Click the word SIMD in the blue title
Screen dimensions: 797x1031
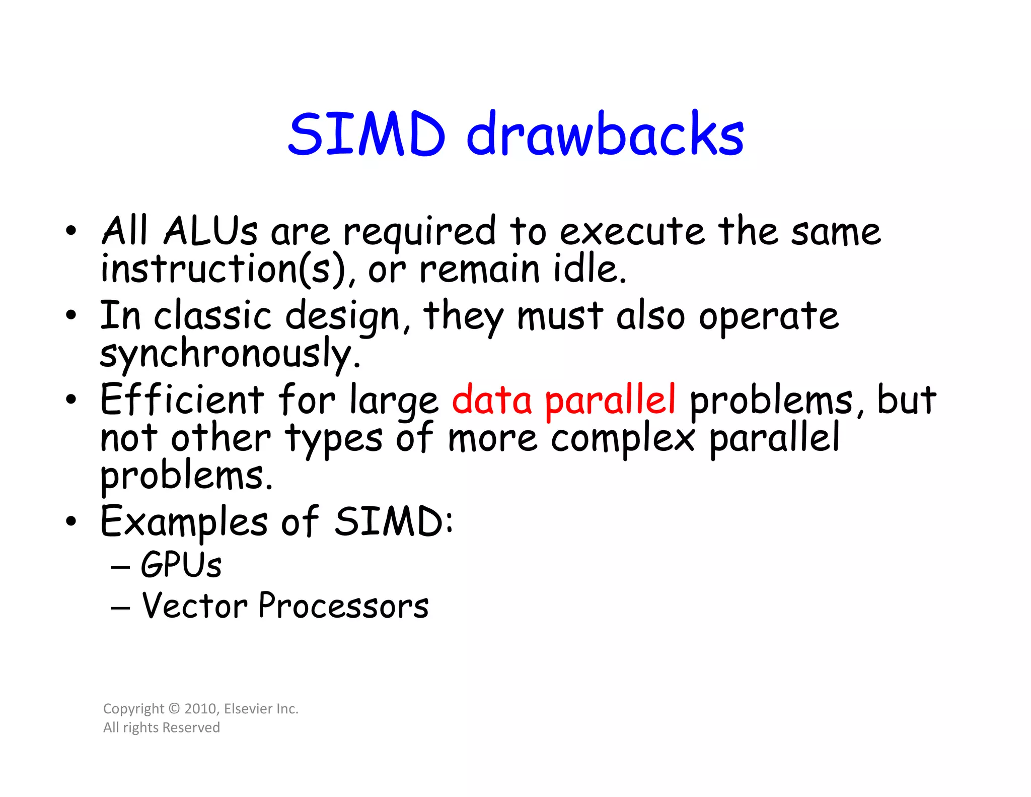[x=366, y=134]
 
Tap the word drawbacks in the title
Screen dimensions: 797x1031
[x=605, y=134]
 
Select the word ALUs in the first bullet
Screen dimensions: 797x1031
[x=210, y=232]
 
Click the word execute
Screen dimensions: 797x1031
[x=632, y=232]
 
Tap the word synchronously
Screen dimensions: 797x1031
[x=230, y=354]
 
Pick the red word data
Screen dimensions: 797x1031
[x=492, y=401]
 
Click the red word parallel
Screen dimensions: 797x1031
[x=610, y=401]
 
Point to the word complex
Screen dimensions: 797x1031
[x=623, y=438]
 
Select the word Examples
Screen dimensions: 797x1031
[x=184, y=522]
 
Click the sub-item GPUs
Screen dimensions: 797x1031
[x=181, y=565]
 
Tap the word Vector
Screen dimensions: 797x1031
[x=194, y=606]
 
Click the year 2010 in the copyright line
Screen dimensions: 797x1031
[x=200, y=709]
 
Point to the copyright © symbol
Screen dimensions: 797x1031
[x=174, y=709]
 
